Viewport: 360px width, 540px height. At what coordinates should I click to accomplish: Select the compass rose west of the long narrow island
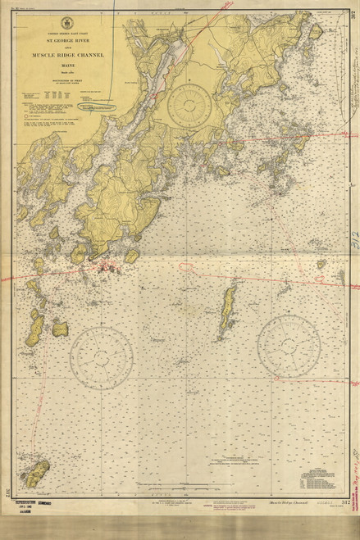[101, 358]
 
